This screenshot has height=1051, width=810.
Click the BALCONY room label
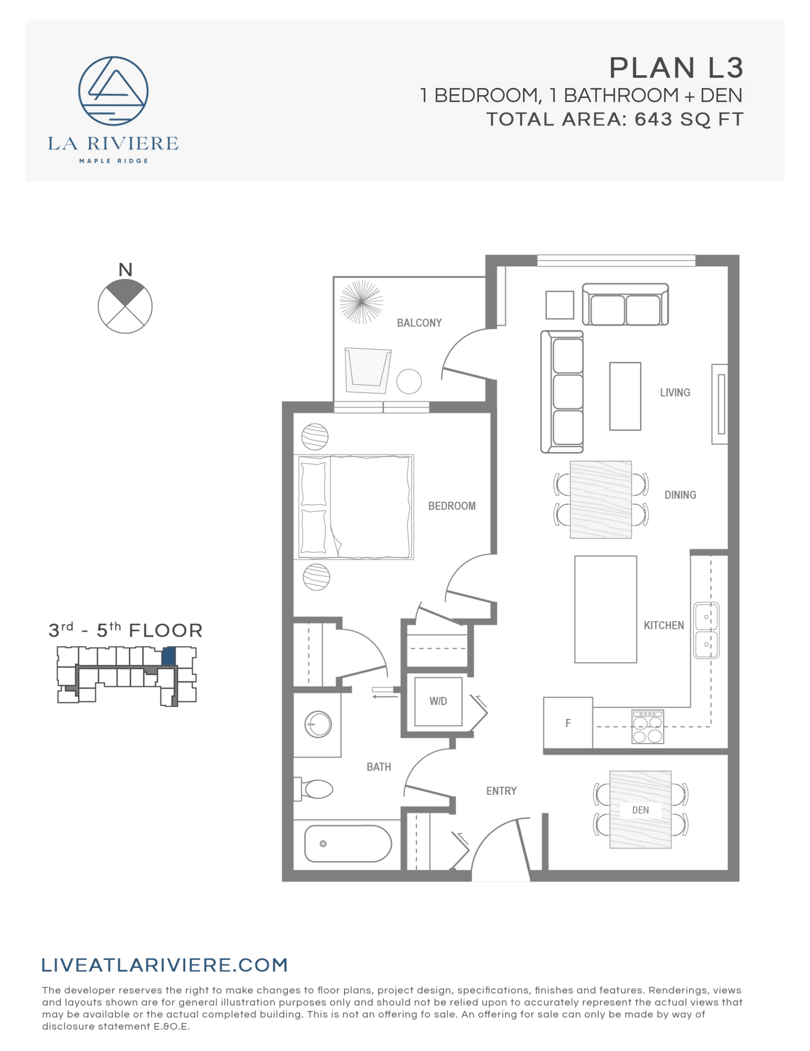[419, 323]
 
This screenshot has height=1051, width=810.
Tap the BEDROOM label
[452, 506]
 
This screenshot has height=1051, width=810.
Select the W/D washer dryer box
[438, 702]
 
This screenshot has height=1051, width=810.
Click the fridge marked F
[568, 723]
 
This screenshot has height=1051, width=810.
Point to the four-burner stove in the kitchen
[647, 727]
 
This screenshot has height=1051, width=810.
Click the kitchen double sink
[706, 631]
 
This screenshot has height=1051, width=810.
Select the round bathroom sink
[318, 724]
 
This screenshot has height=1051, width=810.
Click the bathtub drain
[323, 844]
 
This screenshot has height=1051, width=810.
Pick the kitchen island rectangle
[606, 610]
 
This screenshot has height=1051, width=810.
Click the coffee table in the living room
[625, 396]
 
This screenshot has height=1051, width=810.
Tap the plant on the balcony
[361, 302]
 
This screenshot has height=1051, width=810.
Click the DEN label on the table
[640, 810]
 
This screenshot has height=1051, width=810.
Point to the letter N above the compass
[125, 270]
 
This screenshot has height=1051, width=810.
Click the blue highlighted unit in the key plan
[168, 656]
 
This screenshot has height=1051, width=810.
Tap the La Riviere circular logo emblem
[113, 91]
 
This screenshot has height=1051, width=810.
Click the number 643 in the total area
[653, 119]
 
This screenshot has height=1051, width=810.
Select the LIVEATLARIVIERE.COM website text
[165, 965]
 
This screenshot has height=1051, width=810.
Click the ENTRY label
[501, 791]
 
